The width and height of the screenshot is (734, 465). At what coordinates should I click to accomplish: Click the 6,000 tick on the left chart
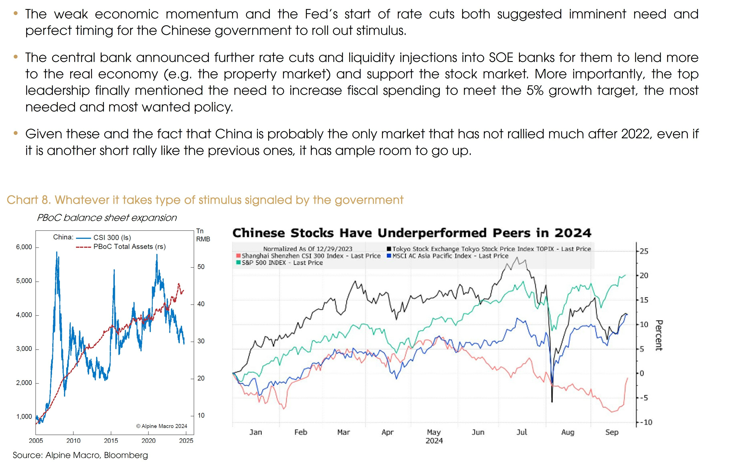coord(24,247)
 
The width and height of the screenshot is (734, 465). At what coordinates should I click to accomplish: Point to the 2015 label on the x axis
coord(111,441)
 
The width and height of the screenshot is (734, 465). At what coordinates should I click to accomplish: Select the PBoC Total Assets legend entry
coord(129,247)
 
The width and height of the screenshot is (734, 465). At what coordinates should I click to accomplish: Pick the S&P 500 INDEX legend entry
coord(282,263)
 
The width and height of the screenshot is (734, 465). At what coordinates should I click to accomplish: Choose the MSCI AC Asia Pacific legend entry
coord(450,256)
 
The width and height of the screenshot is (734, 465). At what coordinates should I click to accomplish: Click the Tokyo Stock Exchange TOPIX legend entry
coord(491,249)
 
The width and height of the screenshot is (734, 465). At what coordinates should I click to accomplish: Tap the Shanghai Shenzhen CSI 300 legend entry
coord(311,256)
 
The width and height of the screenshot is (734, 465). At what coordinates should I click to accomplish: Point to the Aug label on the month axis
coord(568,432)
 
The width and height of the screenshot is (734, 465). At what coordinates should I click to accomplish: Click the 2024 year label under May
coord(434,441)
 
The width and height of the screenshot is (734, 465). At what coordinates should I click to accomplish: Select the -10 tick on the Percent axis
coord(645,423)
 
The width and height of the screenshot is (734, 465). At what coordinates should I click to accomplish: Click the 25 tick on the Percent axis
coord(644,251)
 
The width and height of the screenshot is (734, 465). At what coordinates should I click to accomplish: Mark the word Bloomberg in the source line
coord(126,455)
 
